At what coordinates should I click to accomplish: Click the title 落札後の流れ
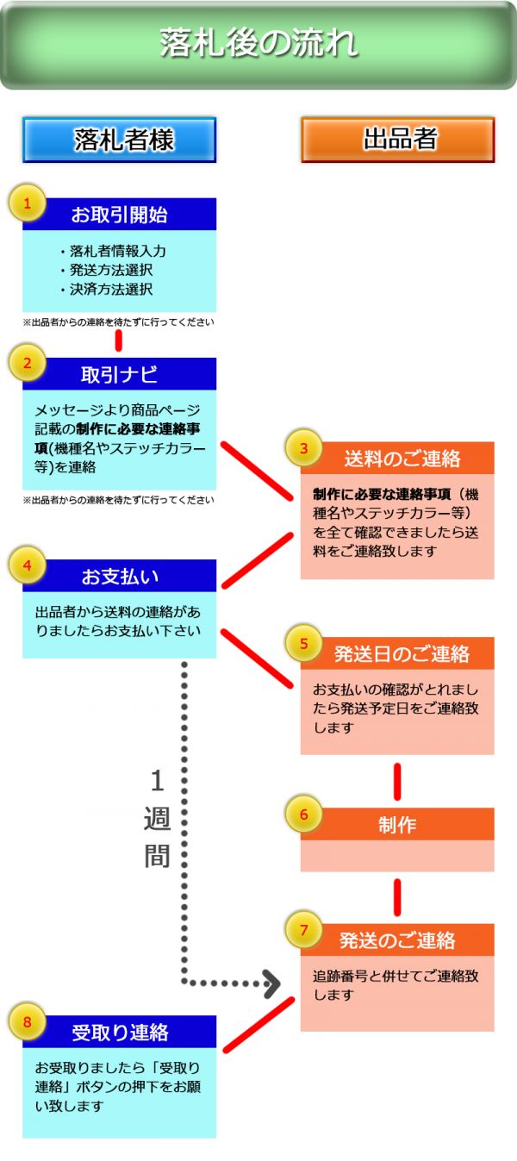258,44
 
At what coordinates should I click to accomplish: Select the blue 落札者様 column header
119,140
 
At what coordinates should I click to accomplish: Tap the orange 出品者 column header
397,140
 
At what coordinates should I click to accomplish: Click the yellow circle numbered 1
28,204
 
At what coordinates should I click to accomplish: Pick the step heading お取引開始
119,215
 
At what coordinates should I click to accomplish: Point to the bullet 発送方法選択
111,270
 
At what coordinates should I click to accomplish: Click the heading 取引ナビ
119,374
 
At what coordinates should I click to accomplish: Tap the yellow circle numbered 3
304,448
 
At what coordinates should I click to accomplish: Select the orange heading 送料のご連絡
402,459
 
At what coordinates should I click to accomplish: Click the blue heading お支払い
120,576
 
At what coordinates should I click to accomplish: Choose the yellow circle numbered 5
304,643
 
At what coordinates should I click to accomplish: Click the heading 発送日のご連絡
402,653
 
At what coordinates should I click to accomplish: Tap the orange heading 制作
397,825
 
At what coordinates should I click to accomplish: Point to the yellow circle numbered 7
304,930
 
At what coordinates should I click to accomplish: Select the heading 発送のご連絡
397,940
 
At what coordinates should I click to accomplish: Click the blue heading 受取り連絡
120,1032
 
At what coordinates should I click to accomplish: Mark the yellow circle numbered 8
28,1021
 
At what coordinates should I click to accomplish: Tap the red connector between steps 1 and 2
119,340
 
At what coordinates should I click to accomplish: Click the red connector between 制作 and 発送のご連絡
397,897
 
